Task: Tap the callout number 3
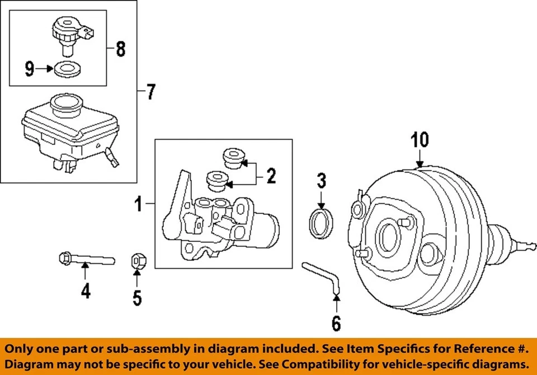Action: tap(321, 181)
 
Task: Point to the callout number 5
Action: tap(137, 298)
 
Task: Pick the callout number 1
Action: tap(138, 205)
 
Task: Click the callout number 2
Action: tap(271, 177)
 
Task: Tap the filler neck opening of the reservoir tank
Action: tap(65, 102)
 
